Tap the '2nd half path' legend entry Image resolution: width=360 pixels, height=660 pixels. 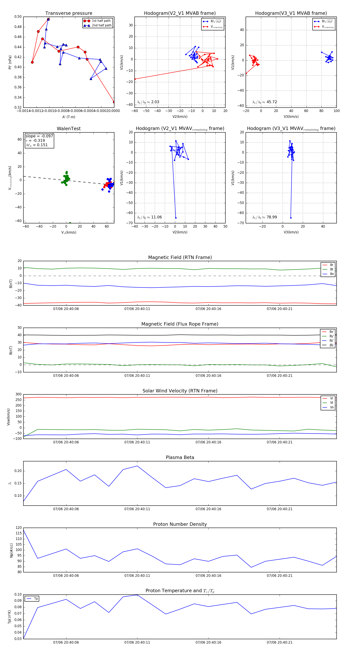click(101, 25)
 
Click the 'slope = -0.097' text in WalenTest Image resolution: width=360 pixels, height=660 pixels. click(39, 136)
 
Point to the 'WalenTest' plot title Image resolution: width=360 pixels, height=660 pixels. click(69, 129)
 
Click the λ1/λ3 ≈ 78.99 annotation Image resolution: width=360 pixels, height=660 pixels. click(265, 217)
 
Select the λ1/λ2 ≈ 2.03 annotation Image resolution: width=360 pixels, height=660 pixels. click(148, 102)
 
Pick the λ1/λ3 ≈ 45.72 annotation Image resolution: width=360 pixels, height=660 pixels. click(265, 102)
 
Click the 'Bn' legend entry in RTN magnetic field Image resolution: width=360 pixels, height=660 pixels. click(332, 274)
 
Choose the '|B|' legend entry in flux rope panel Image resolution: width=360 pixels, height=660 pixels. click(331, 345)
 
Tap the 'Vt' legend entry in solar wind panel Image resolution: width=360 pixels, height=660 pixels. click(332, 403)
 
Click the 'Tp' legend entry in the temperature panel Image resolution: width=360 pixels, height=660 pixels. click(36, 599)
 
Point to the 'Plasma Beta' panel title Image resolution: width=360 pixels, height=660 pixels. click(180, 458)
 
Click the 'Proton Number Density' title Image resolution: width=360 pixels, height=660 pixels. click(180, 524)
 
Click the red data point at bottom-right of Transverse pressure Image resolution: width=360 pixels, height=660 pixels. click(114, 102)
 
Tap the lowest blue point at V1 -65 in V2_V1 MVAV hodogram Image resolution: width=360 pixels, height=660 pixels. click(176, 218)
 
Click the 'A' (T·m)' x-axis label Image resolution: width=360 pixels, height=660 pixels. click(69, 117)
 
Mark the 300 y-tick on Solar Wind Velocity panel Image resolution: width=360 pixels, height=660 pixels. click(18, 394)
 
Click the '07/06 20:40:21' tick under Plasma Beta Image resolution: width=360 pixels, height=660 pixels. click(280, 509)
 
